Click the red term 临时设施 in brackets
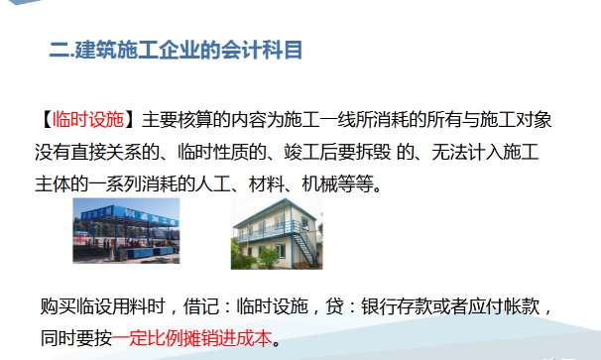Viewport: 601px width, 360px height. pos(90,121)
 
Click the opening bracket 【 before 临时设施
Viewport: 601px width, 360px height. pos(47,121)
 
